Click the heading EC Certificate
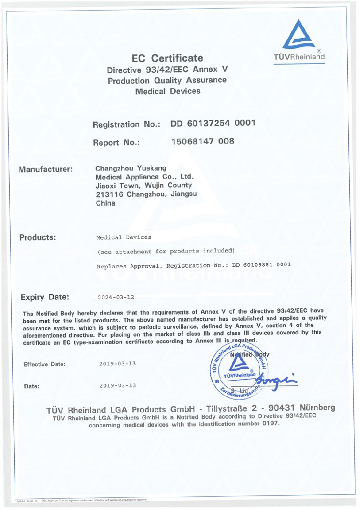[167, 58]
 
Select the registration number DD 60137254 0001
[213, 123]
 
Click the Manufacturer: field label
[46, 169]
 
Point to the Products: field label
[38, 237]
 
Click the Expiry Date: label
[45, 297]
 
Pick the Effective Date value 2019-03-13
[118, 364]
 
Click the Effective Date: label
[45, 364]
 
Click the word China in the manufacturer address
[105, 203]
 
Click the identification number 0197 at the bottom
[270, 424]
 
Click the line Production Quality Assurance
[167, 80]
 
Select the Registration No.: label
[127, 124]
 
